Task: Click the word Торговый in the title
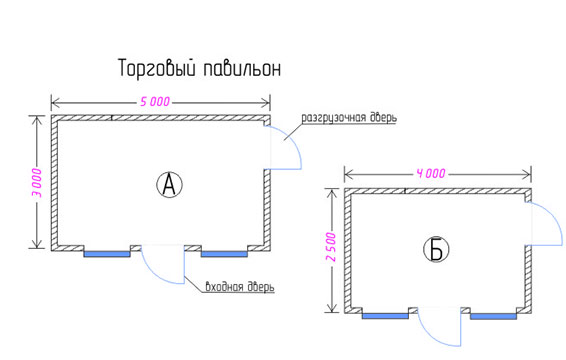(158, 69)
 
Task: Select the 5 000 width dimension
(155, 102)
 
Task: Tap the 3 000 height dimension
(37, 182)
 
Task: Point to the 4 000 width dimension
(431, 174)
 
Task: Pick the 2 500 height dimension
(331, 247)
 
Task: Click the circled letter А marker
(169, 185)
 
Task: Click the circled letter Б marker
(436, 249)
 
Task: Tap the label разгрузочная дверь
(349, 118)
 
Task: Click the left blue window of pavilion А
(107, 254)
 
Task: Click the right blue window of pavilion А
(224, 254)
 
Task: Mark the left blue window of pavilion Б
(385, 316)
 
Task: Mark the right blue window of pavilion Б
(493, 316)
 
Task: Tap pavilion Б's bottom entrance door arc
(431, 335)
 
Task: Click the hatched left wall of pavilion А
(54, 183)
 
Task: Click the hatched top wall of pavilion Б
(437, 191)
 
